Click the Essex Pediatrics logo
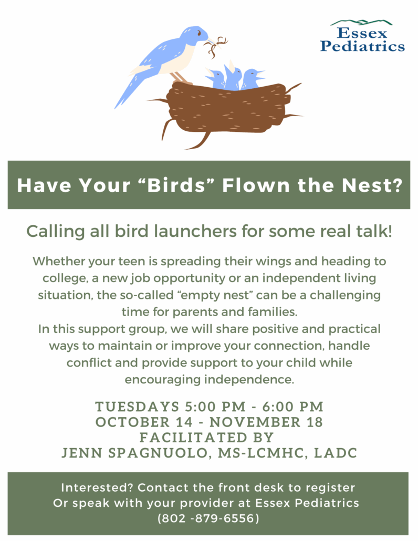click(x=362, y=36)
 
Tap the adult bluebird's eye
click(x=199, y=34)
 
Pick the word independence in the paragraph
click(x=249, y=380)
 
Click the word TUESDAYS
click(x=137, y=407)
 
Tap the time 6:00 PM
click(x=293, y=407)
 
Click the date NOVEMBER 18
click(x=266, y=422)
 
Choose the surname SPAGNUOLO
click(x=158, y=453)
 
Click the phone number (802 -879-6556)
click(x=208, y=518)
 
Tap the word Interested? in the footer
click(x=97, y=487)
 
